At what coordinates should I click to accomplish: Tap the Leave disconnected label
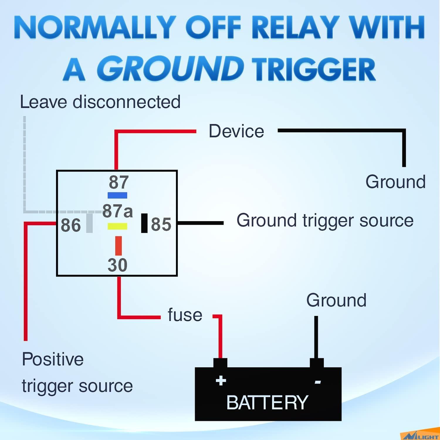tap(100, 102)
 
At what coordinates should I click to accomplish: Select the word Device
tap(236, 131)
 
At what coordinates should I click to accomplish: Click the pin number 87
tap(119, 182)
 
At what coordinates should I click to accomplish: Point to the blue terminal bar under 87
tap(117, 195)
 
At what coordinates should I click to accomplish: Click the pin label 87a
tap(117, 211)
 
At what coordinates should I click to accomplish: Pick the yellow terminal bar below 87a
tap(117, 226)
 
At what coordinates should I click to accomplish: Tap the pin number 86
tap(71, 225)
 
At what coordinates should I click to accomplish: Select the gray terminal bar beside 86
tap(89, 223)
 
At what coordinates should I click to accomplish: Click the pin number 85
tap(161, 224)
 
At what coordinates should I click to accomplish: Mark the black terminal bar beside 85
tap(144, 223)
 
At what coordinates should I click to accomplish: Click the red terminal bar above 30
tap(119, 246)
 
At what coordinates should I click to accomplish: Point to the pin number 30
tap(117, 265)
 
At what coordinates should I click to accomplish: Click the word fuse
tap(185, 315)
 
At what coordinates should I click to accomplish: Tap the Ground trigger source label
tap(325, 220)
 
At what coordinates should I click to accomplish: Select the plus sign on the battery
tap(221, 381)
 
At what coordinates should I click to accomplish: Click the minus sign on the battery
tap(318, 382)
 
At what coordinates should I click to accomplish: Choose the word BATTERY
tap(267, 402)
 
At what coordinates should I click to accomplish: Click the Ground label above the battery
tap(336, 300)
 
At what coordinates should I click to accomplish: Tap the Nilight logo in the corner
tap(421, 436)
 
